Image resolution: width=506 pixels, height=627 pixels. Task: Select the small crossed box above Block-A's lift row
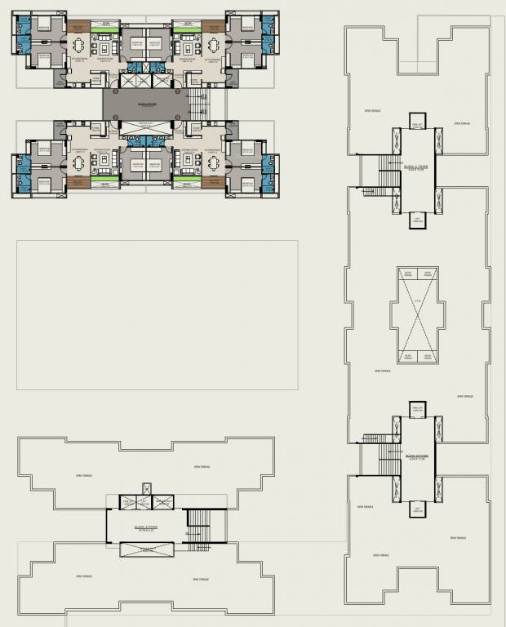coord(146,488)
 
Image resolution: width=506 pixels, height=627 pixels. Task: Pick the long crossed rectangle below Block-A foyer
coord(146,549)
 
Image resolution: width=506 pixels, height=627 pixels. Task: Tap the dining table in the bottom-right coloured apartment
coord(215,162)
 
